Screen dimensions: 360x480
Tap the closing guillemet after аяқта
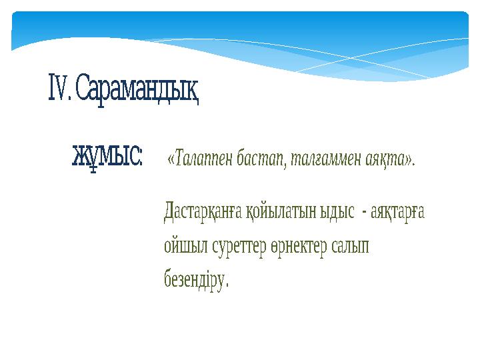(x=409, y=160)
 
